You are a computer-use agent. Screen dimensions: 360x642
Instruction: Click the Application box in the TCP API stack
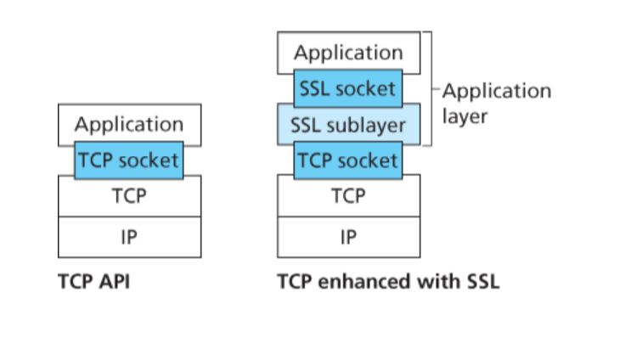click(x=129, y=124)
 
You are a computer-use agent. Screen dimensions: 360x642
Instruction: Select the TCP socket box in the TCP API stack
click(x=129, y=160)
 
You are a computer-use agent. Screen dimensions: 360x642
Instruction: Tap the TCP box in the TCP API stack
click(x=129, y=196)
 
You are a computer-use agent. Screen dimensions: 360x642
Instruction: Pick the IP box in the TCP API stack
click(x=129, y=237)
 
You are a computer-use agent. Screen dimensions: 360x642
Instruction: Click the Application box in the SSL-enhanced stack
click(x=348, y=53)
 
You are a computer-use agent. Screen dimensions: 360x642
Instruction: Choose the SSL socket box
click(x=348, y=88)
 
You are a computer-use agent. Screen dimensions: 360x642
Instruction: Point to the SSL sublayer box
click(x=348, y=125)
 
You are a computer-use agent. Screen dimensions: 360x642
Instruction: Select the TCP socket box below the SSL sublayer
click(x=348, y=160)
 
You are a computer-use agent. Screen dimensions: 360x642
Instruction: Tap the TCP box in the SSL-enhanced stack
click(x=348, y=196)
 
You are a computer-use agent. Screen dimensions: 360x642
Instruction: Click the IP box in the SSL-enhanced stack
click(x=348, y=237)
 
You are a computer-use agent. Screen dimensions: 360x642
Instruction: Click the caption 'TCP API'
click(x=93, y=281)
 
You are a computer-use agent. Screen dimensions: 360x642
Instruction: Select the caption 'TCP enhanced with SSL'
click(x=388, y=281)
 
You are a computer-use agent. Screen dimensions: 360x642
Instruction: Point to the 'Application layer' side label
click(x=496, y=103)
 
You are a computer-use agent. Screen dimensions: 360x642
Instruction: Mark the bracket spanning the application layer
click(x=431, y=88)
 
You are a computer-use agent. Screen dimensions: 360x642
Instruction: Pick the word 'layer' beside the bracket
click(x=465, y=115)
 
